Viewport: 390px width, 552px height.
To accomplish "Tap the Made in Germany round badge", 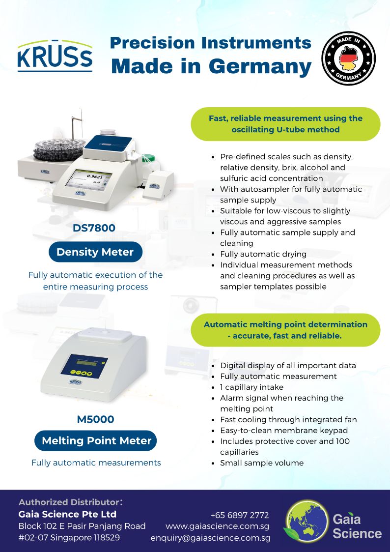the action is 349,58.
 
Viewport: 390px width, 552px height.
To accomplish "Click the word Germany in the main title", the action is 260,66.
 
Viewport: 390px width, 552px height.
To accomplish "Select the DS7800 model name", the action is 94,228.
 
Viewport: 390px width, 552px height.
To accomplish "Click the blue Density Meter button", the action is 95,252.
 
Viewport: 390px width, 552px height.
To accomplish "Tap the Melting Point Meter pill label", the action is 96,441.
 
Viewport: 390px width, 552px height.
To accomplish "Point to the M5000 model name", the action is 96,419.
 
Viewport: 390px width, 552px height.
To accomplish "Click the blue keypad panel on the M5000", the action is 84,366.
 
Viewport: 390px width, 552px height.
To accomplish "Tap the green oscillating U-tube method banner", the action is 285,124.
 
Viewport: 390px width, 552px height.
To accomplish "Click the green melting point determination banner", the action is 285,330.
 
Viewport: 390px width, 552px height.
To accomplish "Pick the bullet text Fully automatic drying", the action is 263,254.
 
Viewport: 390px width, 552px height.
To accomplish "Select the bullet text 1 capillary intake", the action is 252,387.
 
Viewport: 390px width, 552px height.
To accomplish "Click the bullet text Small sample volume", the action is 262,463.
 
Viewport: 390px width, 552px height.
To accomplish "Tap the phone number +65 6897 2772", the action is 240,516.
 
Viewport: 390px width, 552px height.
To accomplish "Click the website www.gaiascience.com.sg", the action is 217,526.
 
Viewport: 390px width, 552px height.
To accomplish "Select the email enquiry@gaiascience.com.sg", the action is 210,538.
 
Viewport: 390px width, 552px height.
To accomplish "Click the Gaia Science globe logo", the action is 306,521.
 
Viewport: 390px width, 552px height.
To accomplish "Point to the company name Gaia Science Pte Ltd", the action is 67,514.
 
